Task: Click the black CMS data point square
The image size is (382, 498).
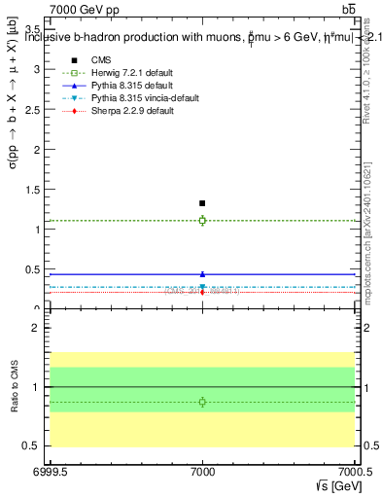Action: (x=202, y=203)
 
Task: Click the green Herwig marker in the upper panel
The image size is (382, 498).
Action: (x=202, y=221)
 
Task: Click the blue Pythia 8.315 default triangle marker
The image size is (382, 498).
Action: (x=202, y=274)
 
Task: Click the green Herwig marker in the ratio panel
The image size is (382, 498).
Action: (x=202, y=402)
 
